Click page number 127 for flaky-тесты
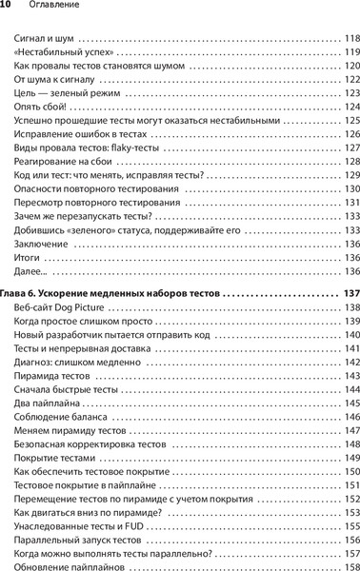coord(350,148)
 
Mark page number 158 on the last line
coord(350,567)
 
